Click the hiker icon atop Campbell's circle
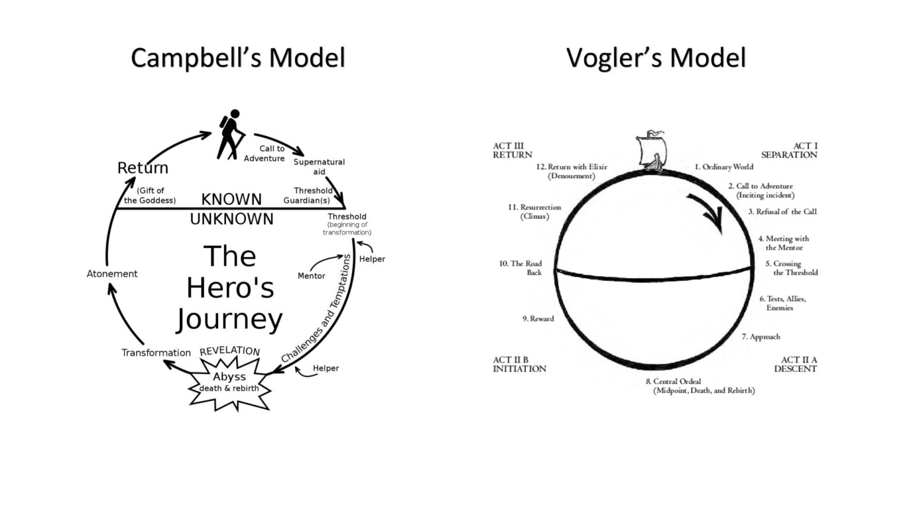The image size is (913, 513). point(231,134)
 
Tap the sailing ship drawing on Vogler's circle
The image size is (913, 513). point(651,151)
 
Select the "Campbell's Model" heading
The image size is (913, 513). point(238,58)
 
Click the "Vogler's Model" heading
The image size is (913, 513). point(656,58)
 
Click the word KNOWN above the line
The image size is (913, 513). point(231,199)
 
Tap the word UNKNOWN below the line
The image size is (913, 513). point(232,219)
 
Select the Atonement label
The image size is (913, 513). point(112,274)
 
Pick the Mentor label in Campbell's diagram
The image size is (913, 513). point(311,276)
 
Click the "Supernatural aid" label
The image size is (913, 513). point(319,167)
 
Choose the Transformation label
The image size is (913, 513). point(156,353)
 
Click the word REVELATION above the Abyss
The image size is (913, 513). point(229,351)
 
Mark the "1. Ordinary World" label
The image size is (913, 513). point(723,167)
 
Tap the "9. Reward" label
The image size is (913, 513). point(538,319)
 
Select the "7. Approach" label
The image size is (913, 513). point(761,337)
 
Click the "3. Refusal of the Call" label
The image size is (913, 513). point(782,211)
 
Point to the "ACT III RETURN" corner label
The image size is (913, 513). point(512,151)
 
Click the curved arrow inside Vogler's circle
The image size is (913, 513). point(707,211)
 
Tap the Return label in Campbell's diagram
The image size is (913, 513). point(143,168)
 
